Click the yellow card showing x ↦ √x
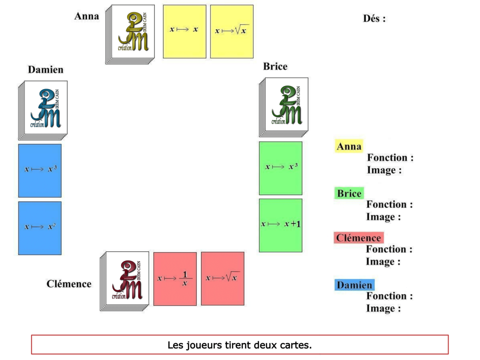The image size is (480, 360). (x=232, y=31)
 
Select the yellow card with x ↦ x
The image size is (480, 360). (x=184, y=31)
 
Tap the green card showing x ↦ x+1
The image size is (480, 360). (x=280, y=225)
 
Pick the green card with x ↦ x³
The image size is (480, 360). (x=280, y=168)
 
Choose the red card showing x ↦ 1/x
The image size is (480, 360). (x=175, y=279)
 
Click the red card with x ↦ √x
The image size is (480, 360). (x=222, y=278)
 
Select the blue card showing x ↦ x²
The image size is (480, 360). (x=40, y=228)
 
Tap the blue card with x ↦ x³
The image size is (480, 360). (x=40, y=170)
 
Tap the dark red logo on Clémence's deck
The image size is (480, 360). (x=128, y=280)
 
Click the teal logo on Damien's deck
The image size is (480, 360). (x=46, y=108)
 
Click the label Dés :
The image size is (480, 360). (x=374, y=18)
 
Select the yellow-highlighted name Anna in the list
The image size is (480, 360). (x=349, y=146)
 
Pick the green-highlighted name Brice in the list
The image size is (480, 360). (x=349, y=194)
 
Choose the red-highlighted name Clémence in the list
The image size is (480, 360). (x=358, y=238)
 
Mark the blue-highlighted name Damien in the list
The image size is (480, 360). (x=354, y=285)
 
